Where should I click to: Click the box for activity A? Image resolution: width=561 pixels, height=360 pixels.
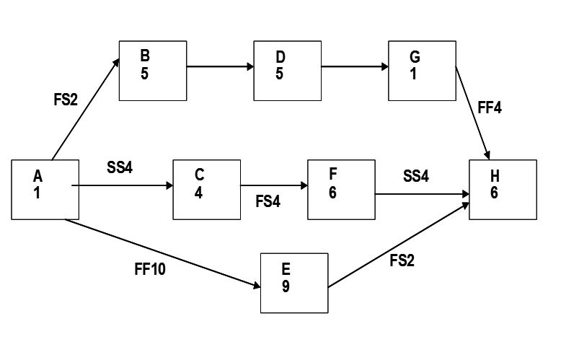pyautogui.click(x=45, y=189)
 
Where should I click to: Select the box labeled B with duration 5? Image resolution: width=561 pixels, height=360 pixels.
pyautogui.click(x=153, y=70)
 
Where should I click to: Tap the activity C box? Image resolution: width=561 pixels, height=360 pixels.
pyautogui.click(x=207, y=189)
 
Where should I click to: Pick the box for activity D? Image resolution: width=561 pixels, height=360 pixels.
pyautogui.click(x=287, y=70)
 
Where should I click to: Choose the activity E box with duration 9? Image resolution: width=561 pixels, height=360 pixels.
pyautogui.click(x=294, y=282)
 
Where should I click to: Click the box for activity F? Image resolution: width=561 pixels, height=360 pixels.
pyautogui.click(x=341, y=189)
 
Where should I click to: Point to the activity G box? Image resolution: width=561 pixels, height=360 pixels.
pyautogui.click(x=422, y=70)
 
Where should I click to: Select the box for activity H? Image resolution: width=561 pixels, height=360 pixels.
pyautogui.click(x=503, y=189)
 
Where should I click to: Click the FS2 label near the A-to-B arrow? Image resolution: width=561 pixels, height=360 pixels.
pyautogui.click(x=65, y=100)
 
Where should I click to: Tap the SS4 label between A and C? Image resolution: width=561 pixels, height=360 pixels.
pyautogui.click(x=120, y=168)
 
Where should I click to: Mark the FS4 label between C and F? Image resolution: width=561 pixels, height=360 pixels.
pyautogui.click(x=268, y=201)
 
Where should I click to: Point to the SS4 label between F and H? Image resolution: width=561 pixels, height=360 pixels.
pyautogui.click(x=416, y=175)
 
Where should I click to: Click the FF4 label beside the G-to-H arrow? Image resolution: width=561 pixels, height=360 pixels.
pyautogui.click(x=490, y=109)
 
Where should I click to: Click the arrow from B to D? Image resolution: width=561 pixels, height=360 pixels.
pyautogui.click(x=220, y=68)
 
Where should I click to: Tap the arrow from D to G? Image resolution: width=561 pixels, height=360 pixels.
pyautogui.click(x=355, y=68)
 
